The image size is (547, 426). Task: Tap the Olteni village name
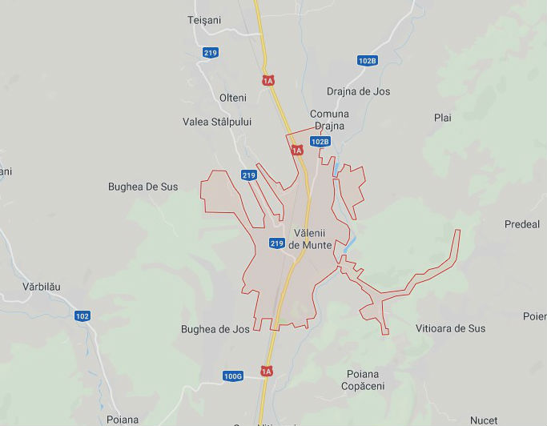point(233,98)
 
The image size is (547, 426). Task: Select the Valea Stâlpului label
point(217,122)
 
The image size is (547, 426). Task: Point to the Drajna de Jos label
point(358,91)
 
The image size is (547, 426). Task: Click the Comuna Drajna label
point(329,120)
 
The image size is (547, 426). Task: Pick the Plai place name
point(443,118)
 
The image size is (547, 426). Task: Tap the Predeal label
point(522,224)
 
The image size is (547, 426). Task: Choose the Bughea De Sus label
point(143,187)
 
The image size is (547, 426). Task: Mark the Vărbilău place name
point(42,287)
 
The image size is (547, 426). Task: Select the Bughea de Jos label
point(215,329)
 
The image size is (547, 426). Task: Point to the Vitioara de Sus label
point(450,328)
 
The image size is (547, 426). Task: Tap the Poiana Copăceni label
point(363,380)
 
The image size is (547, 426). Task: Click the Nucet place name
point(484,420)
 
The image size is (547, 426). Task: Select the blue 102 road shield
point(82,315)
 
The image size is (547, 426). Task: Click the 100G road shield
point(233,376)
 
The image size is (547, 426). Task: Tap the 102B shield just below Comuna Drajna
point(320,142)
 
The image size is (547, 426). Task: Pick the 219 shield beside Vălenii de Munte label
point(277,243)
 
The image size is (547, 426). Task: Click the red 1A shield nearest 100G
point(267,372)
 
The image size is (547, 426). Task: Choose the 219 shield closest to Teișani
point(211,53)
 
